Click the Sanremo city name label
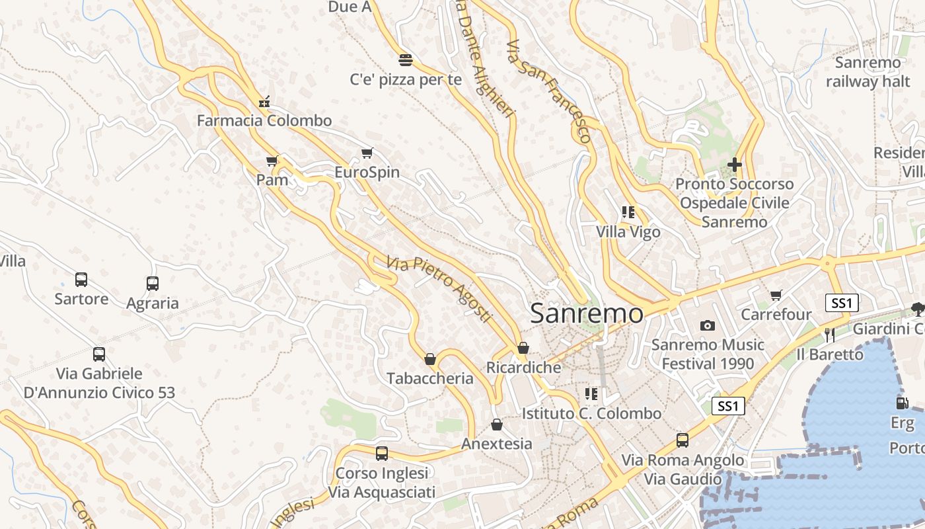tap(587, 313)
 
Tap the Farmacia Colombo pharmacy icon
tap(264, 102)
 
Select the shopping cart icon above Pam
tap(272, 161)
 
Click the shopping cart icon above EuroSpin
tap(367, 153)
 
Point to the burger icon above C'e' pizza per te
tap(406, 60)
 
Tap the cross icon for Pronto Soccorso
tap(735, 164)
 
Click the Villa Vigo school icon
tap(628, 212)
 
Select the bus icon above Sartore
tap(81, 279)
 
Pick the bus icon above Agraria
tap(153, 283)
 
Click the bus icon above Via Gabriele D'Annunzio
tap(99, 354)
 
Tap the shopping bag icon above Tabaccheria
tap(430, 359)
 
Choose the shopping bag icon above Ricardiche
tap(523, 348)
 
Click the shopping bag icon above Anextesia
tap(497, 425)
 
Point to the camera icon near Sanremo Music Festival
tap(708, 325)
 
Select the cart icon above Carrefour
tap(776, 295)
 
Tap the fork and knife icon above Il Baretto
tap(830, 335)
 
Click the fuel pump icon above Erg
tap(901, 403)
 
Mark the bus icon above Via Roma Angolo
tap(683, 440)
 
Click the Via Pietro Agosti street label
tap(440, 290)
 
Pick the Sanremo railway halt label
tap(868, 72)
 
